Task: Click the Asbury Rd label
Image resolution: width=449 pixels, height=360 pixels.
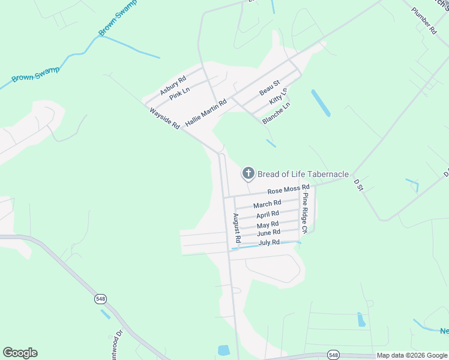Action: pos(173,85)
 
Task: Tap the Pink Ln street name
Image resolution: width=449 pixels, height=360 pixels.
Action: pos(179,94)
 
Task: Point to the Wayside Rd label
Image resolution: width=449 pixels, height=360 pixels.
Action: pos(164,118)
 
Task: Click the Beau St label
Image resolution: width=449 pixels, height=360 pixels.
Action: pos(270,88)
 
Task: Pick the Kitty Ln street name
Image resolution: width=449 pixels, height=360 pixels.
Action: pos(279,97)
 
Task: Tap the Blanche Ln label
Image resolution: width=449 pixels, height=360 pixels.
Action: pos(276,113)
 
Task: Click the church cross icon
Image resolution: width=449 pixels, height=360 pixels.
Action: pos(247,174)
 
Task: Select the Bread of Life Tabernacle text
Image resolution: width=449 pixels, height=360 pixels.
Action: pos(303,174)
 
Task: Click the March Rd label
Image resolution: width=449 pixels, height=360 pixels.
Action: pos(267,205)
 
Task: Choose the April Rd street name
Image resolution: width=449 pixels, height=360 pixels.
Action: pos(268,214)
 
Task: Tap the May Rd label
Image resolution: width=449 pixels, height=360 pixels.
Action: pos(268,224)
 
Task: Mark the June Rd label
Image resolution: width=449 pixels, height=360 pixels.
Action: pos(268,233)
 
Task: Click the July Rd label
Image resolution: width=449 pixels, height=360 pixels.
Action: pos(269,242)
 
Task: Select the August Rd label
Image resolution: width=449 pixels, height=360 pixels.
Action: pos(237,227)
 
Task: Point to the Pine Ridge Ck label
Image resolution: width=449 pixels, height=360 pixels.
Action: pos(305,213)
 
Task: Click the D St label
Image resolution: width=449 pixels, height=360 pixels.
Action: pos(359,185)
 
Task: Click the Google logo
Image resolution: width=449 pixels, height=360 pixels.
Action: pos(20,353)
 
